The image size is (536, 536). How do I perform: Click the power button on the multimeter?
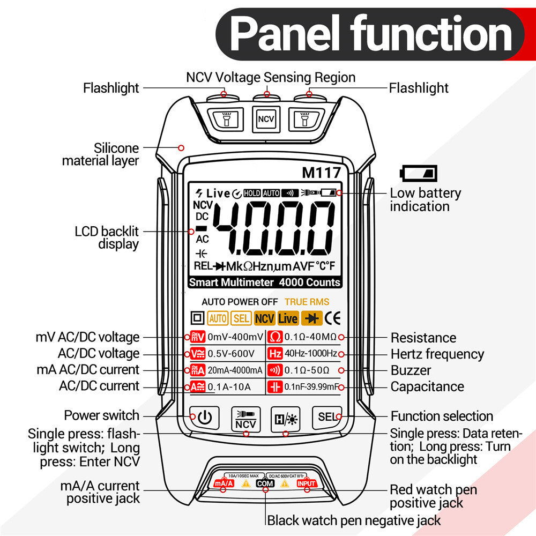[205, 416]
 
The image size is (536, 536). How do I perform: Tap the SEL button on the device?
[326, 416]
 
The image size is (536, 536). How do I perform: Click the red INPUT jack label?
[307, 483]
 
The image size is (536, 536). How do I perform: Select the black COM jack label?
[265, 483]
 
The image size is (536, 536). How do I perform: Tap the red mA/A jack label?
[224, 483]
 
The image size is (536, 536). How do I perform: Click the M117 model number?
[321, 173]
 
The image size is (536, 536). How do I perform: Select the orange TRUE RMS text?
[307, 302]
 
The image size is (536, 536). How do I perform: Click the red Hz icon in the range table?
[274, 354]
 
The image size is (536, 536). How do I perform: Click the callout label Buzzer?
[411, 370]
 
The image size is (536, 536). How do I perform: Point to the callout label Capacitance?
[427, 386]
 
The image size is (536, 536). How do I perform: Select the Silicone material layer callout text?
[101, 154]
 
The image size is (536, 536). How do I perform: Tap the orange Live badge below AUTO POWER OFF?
[288, 318]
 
